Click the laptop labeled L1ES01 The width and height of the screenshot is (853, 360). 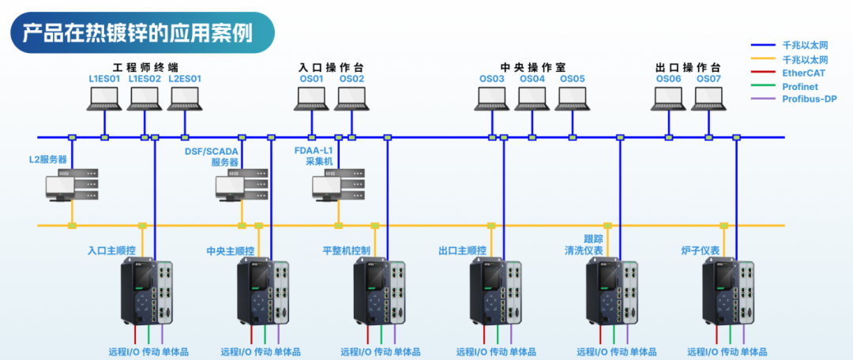pos(104,99)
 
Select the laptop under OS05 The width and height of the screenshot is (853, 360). pos(573,99)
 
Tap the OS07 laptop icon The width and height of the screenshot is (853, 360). pos(708,99)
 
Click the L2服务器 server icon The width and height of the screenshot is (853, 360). pos(71,185)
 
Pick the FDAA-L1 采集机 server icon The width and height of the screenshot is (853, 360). pos(339,185)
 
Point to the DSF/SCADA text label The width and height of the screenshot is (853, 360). pos(212,152)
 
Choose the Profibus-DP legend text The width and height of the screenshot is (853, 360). pos(809,99)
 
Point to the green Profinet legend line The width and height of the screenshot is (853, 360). pos(763,86)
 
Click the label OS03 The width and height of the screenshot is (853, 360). pos(492,79)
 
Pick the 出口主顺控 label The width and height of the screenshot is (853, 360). pos(462,251)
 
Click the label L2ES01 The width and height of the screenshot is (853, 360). pos(185,79)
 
